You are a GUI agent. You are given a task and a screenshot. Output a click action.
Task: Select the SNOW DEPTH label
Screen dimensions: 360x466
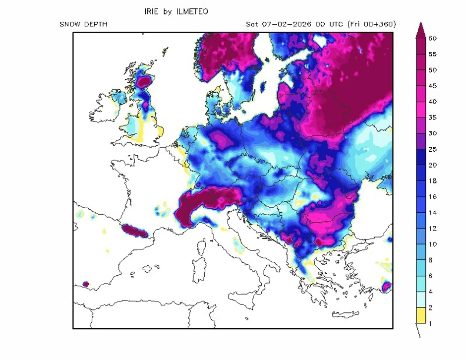[83, 24]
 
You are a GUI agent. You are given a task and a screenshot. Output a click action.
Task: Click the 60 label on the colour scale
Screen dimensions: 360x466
[432, 38]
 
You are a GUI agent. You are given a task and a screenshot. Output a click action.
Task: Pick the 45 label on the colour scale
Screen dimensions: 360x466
[432, 86]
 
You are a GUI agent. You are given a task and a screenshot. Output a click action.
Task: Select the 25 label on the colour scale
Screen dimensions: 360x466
[432, 149]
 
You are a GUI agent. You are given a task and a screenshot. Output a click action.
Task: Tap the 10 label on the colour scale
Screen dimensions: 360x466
[432, 244]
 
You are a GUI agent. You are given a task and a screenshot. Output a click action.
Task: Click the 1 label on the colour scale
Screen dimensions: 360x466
[431, 323]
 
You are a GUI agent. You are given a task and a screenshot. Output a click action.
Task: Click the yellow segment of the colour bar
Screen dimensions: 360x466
[420, 315]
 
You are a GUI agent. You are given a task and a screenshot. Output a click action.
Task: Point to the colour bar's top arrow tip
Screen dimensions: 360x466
[420, 24]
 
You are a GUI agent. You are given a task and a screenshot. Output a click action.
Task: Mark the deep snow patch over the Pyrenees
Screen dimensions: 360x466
[132, 230]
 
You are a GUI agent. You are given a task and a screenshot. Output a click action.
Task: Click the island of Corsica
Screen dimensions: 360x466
[202, 248]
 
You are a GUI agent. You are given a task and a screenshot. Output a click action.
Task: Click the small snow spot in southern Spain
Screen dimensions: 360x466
[85, 284]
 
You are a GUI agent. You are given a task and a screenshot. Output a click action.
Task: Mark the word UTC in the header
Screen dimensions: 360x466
[334, 24]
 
